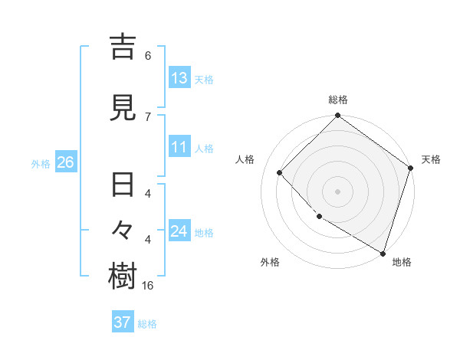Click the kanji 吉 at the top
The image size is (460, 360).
(x=123, y=46)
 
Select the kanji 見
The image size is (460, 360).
(x=123, y=108)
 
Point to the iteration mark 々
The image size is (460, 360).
(x=123, y=231)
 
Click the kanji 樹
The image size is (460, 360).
(x=123, y=277)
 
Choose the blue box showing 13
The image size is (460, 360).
(x=179, y=78)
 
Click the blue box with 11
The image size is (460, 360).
(x=179, y=148)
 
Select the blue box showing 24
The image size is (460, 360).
(x=179, y=231)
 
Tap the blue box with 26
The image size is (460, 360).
(x=65, y=162)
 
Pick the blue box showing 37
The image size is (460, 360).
(x=123, y=322)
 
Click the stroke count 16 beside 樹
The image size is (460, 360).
(x=149, y=285)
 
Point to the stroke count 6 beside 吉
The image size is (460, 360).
(x=148, y=55)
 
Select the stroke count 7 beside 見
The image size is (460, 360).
(x=148, y=116)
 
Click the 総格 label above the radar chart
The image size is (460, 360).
(x=338, y=100)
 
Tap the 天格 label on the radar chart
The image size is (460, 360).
(x=431, y=159)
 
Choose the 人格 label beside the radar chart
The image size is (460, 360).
(x=245, y=159)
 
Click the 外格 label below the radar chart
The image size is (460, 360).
(x=270, y=262)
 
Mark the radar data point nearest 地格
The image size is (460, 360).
(x=383, y=252)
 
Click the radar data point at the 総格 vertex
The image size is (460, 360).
(x=337, y=116)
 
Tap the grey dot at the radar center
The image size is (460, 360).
(x=337, y=191)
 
